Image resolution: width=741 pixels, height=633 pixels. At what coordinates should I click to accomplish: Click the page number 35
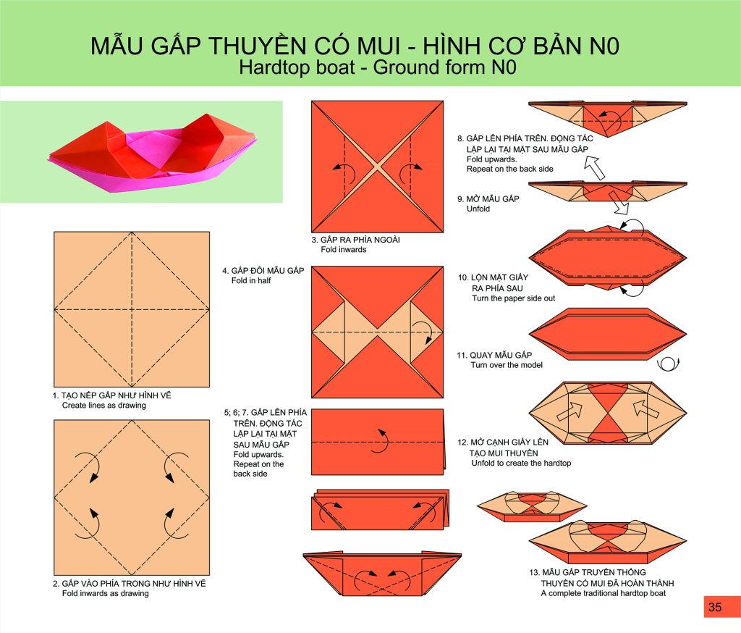pyautogui.click(x=715, y=607)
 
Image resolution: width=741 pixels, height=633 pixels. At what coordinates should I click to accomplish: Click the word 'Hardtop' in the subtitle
pyautogui.click(x=274, y=67)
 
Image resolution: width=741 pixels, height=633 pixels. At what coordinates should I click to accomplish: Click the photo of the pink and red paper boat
pyautogui.click(x=153, y=151)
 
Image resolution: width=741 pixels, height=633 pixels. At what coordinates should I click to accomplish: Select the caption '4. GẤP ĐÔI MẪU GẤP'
pyautogui.click(x=263, y=271)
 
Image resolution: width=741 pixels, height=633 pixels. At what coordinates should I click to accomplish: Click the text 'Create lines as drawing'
pyautogui.click(x=104, y=406)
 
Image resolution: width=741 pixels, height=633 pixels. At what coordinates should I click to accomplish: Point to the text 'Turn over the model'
pyautogui.click(x=507, y=365)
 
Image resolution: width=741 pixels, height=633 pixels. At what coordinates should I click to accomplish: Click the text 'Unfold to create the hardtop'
pyautogui.click(x=521, y=463)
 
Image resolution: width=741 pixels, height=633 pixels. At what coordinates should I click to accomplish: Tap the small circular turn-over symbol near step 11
pyautogui.click(x=668, y=364)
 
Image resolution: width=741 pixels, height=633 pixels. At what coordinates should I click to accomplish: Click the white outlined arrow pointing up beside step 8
pyautogui.click(x=595, y=168)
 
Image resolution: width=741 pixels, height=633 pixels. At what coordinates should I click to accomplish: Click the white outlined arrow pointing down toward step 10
pyautogui.click(x=619, y=201)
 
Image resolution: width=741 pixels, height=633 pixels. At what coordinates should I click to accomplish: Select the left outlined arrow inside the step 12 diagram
pyautogui.click(x=570, y=411)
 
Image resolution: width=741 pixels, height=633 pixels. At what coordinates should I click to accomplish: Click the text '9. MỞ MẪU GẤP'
pyautogui.click(x=488, y=198)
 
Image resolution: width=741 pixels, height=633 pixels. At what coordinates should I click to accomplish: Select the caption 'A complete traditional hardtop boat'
pyautogui.click(x=603, y=593)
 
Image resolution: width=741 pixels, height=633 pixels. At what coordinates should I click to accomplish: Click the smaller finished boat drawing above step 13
pyautogui.click(x=532, y=506)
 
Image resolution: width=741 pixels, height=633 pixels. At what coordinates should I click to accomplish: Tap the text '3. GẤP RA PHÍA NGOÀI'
pyautogui.click(x=355, y=240)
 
